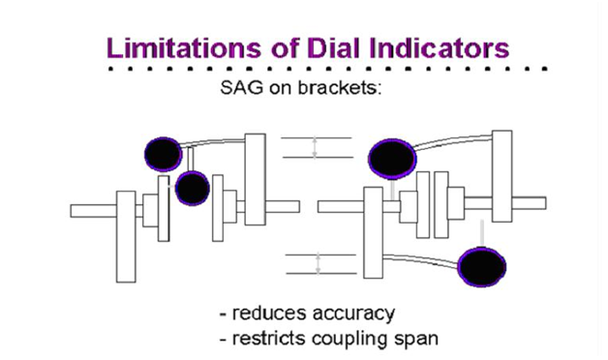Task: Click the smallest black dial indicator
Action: pos(192,187)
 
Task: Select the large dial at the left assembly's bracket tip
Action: pos(163,152)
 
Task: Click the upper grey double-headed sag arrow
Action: pos(315,147)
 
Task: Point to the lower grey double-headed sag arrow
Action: pos(318,263)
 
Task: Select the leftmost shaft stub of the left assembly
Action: pos(92,210)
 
